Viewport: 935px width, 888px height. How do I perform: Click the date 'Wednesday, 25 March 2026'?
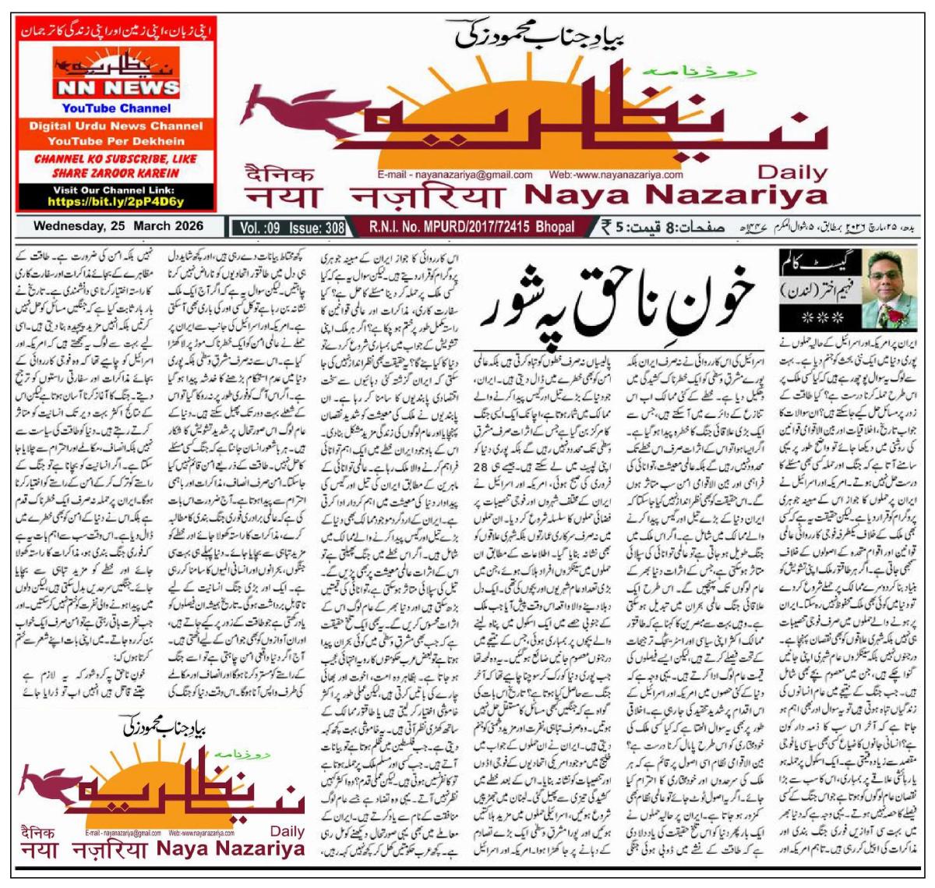point(118,226)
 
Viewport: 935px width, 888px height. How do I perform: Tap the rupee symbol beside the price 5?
point(605,227)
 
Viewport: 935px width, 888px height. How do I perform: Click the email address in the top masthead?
point(454,175)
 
